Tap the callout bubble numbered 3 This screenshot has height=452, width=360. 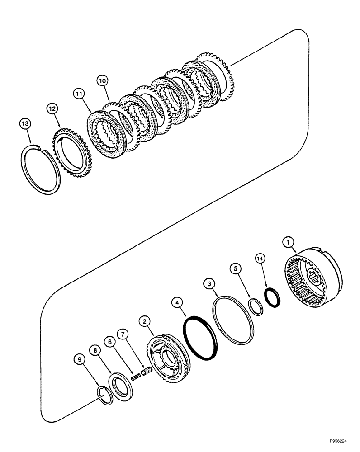(x=208, y=283)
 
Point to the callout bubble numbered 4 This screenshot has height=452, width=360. (x=179, y=300)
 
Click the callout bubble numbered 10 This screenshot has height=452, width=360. (x=102, y=81)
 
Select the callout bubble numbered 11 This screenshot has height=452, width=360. (x=80, y=94)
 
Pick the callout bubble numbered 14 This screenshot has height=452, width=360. (x=261, y=258)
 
